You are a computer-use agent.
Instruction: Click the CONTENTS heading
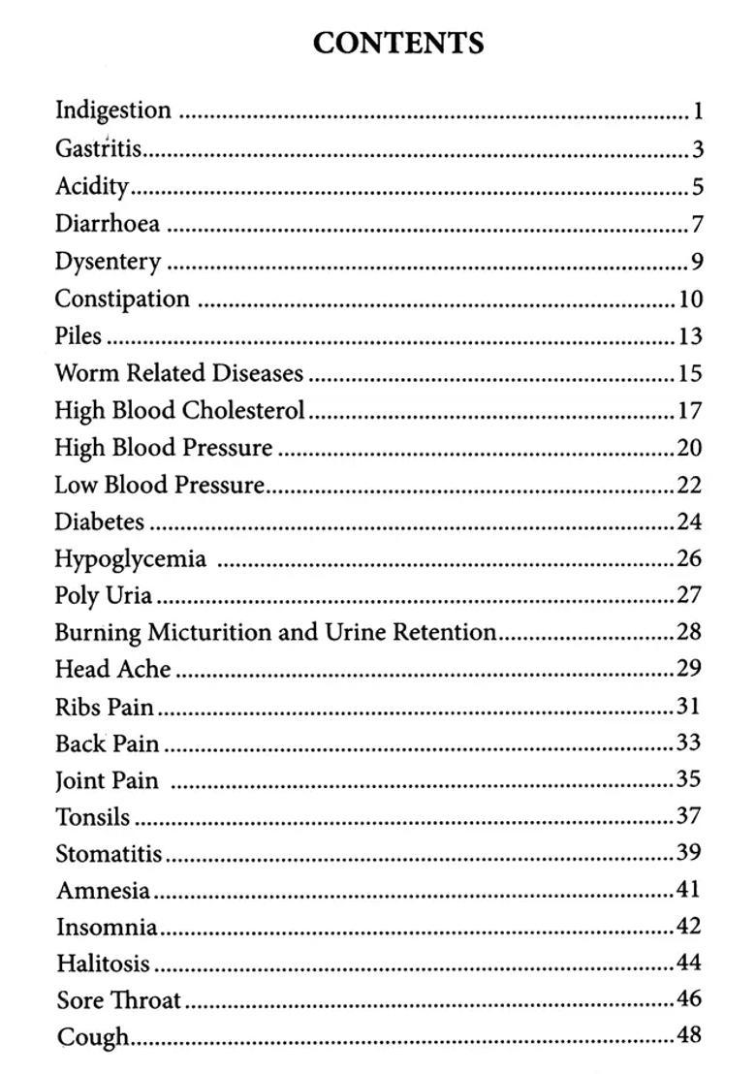coord(398,44)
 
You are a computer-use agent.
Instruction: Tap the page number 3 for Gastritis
coord(697,150)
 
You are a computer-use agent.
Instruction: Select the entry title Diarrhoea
coord(107,224)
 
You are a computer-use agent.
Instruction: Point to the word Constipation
coord(122,299)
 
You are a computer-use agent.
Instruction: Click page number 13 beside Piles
coord(689,336)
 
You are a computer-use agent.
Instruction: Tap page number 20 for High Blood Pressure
coord(689,448)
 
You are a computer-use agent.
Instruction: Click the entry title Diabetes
coord(99,521)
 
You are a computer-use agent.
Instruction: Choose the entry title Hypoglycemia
coord(130,559)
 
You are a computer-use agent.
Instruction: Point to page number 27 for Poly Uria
coord(689,595)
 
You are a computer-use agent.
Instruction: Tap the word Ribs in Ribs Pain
coord(77,708)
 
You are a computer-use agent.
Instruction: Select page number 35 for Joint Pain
coord(689,779)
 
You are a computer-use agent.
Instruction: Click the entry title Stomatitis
coord(109,854)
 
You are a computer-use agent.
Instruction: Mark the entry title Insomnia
coord(107,928)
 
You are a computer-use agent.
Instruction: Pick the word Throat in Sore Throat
coord(145,1000)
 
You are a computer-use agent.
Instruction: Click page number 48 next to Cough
coord(689,1035)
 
